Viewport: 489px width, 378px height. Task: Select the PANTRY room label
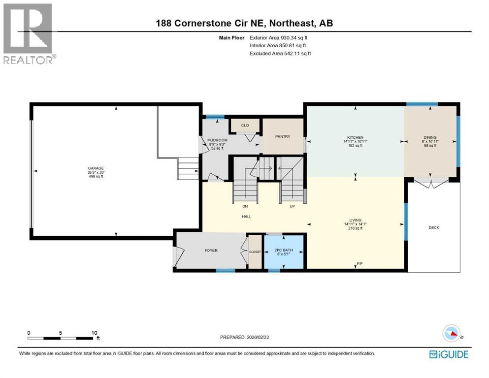pos(283,137)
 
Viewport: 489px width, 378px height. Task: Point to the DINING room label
pos(430,137)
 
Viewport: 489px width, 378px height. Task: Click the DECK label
pos(433,227)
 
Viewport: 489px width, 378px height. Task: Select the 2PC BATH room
pos(283,251)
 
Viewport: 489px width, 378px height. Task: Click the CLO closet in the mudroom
pos(245,125)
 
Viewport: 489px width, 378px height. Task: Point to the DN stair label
pos(245,206)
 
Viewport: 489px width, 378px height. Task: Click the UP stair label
pos(292,206)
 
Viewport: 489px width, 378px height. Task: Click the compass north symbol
pos(452,333)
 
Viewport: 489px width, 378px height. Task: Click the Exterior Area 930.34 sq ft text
pos(281,37)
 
